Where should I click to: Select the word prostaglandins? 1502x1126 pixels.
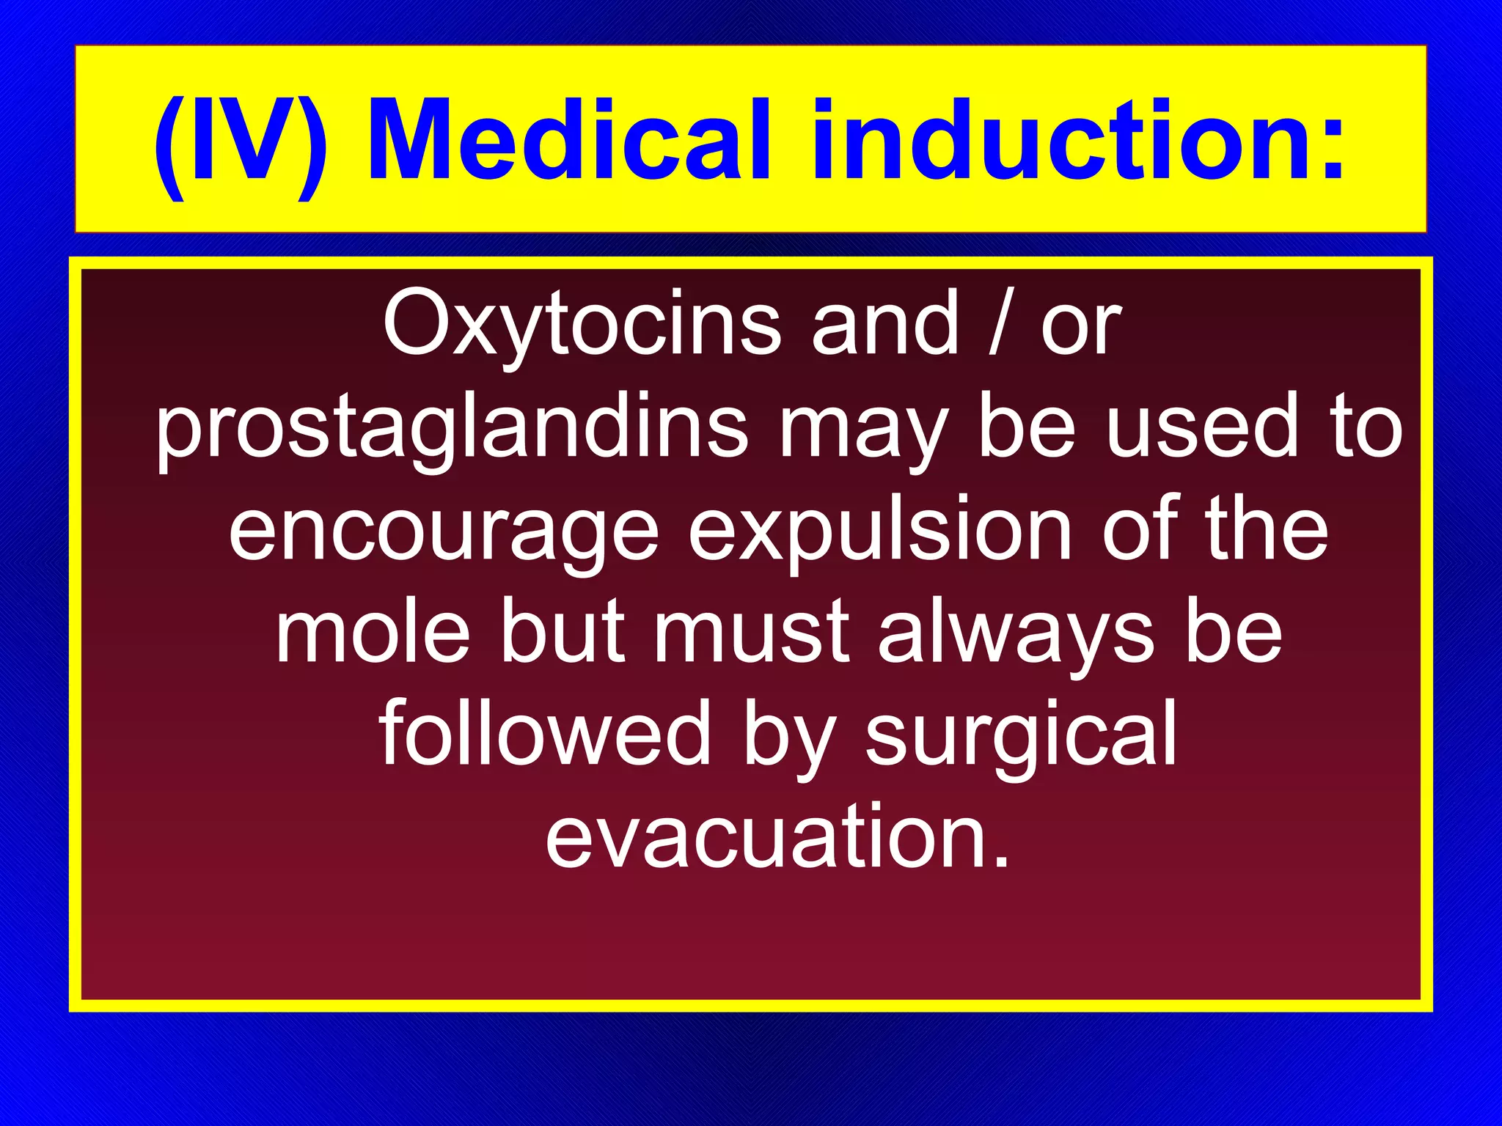pyautogui.click(x=452, y=428)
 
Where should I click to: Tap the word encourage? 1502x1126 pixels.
pyautogui.click(x=444, y=532)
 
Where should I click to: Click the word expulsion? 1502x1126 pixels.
pyautogui.click(x=880, y=532)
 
